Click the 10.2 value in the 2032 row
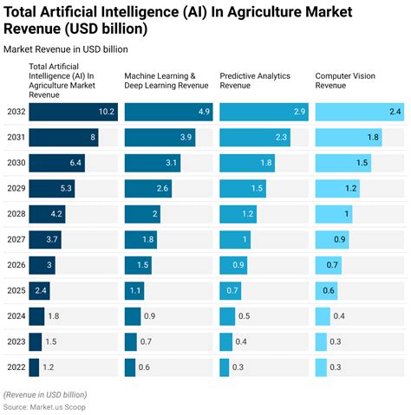(x=107, y=112)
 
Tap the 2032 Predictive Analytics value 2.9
(x=251, y=112)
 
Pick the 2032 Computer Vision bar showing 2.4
(x=358, y=112)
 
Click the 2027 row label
(x=16, y=240)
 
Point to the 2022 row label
(x=16, y=368)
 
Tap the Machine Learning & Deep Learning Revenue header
(x=166, y=81)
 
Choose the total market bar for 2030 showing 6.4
(x=57, y=163)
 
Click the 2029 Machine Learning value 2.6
(x=163, y=189)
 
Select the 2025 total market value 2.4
(x=39, y=291)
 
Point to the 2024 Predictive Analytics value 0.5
(x=244, y=317)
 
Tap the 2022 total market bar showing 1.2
(x=34, y=368)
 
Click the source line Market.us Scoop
(x=45, y=406)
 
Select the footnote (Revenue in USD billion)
(x=52, y=394)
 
